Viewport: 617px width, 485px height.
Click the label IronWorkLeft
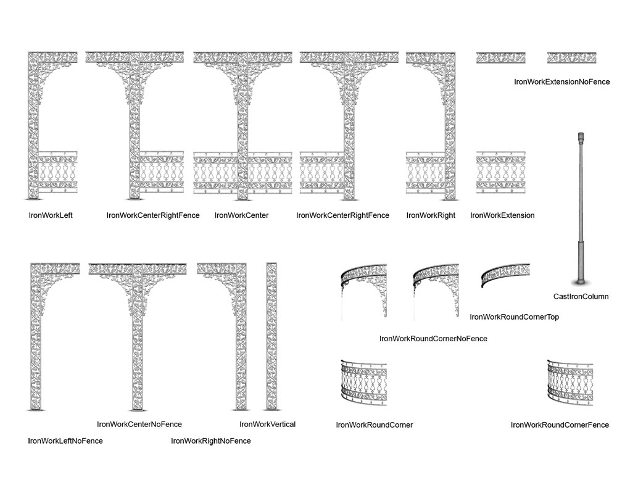(51, 215)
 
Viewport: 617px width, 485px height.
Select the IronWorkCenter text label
(241, 215)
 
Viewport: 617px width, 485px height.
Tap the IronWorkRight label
(431, 215)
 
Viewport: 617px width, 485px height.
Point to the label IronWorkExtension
(502, 215)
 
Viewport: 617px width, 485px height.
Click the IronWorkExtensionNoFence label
(561, 81)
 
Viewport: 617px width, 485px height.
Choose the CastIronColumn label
(581, 297)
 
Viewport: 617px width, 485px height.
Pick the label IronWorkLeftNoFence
(65, 441)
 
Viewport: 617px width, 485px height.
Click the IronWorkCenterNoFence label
(139, 425)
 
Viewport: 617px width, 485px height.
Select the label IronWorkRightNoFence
(211, 441)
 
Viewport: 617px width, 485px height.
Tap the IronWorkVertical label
(267, 425)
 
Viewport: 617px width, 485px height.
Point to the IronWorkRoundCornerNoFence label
(433, 339)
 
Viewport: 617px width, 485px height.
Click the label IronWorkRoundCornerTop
(515, 317)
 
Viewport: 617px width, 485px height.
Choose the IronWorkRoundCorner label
(374, 425)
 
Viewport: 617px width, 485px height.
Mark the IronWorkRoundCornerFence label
(560, 425)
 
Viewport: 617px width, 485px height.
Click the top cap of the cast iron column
(580, 136)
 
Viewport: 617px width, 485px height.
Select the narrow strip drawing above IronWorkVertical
(271, 336)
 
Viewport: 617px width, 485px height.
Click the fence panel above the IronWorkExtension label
(500, 173)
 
